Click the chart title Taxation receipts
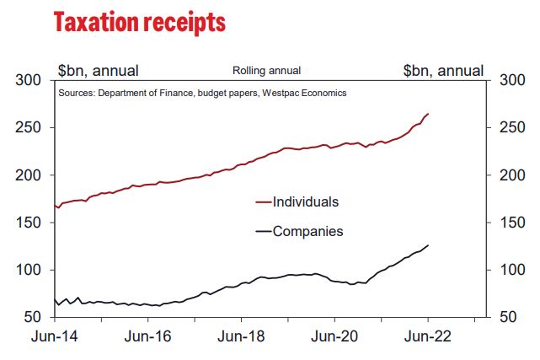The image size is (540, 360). [x=139, y=22]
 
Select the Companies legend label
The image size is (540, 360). [x=308, y=230]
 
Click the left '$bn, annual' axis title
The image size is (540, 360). [x=98, y=70]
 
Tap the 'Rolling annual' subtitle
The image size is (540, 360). [x=266, y=71]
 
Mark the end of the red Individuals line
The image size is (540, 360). [x=428, y=114]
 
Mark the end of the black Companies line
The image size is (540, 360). [x=428, y=245]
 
